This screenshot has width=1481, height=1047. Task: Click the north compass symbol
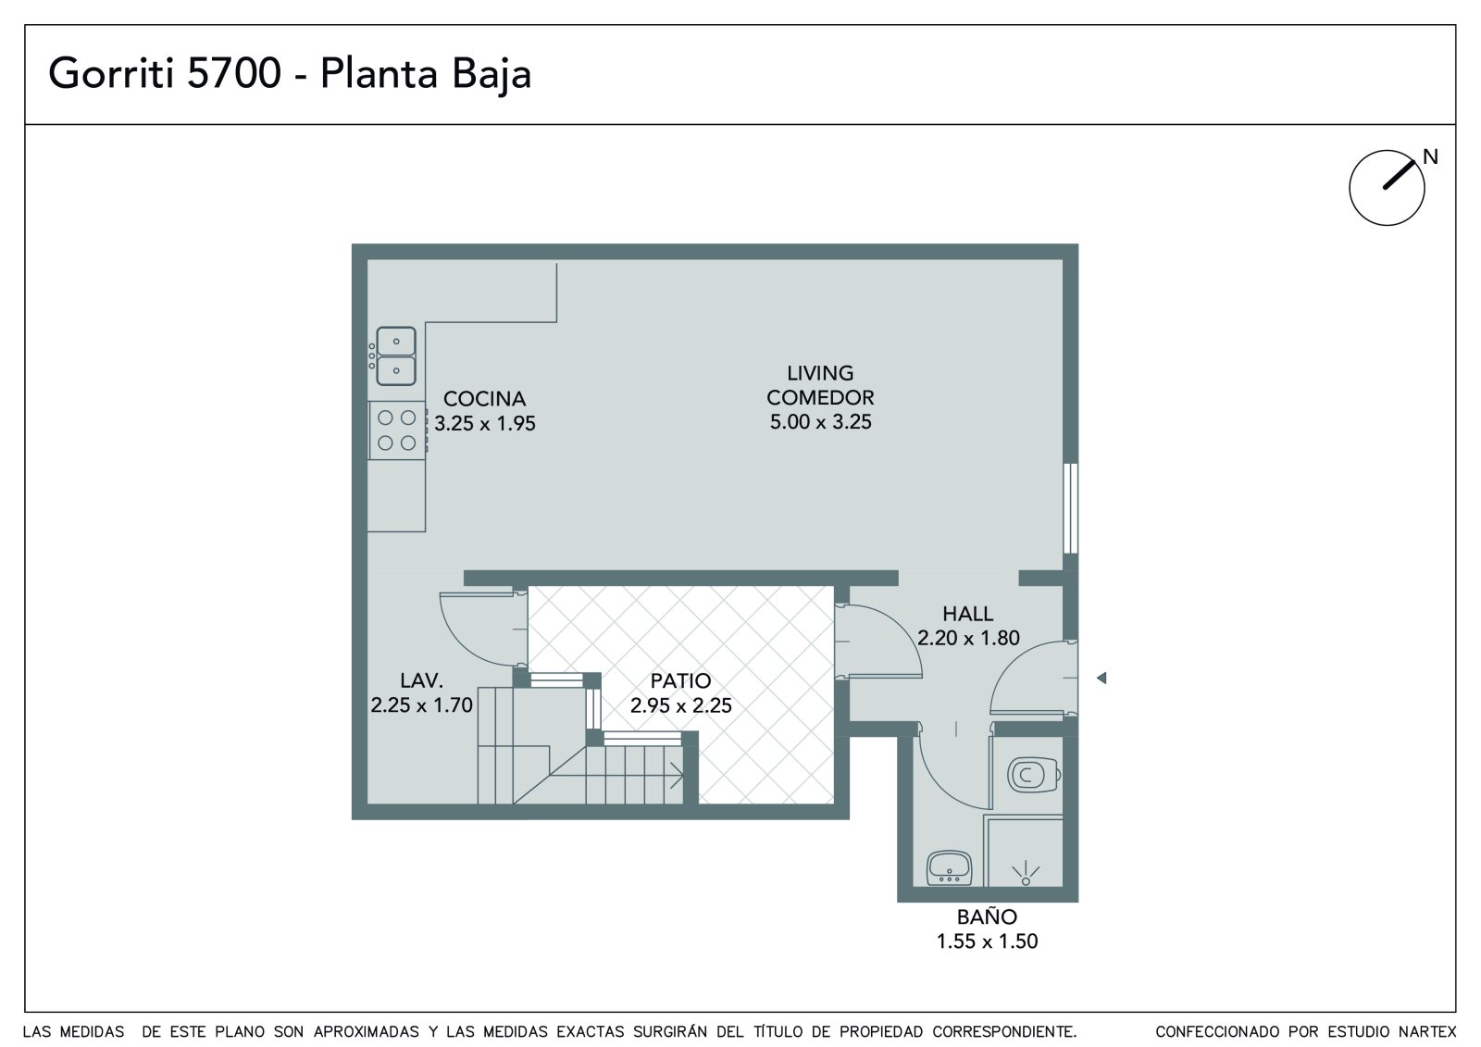(x=1388, y=188)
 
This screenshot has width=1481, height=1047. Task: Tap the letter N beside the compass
(x=1431, y=156)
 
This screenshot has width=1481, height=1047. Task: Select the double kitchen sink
(x=395, y=355)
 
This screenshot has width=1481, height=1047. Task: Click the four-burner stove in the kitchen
(x=397, y=430)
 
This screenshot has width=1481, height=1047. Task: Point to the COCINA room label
(x=485, y=399)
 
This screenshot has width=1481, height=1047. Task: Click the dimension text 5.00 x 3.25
(x=820, y=422)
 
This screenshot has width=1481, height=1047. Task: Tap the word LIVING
(x=820, y=373)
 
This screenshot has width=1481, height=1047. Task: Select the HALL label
(x=968, y=614)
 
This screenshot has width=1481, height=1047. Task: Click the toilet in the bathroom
(x=1034, y=775)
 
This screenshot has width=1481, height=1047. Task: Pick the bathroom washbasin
(x=950, y=867)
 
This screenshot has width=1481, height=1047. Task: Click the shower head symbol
(x=1026, y=874)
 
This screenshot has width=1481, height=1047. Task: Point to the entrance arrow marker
(x=1101, y=678)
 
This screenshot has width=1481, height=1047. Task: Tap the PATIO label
(x=680, y=680)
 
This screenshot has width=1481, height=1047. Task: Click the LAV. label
(x=421, y=679)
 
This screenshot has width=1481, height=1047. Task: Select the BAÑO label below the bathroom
(x=987, y=916)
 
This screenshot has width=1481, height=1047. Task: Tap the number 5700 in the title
(x=234, y=73)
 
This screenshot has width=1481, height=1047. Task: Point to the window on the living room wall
(x=1070, y=508)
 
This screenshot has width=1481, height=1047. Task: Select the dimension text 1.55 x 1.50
(x=987, y=941)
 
